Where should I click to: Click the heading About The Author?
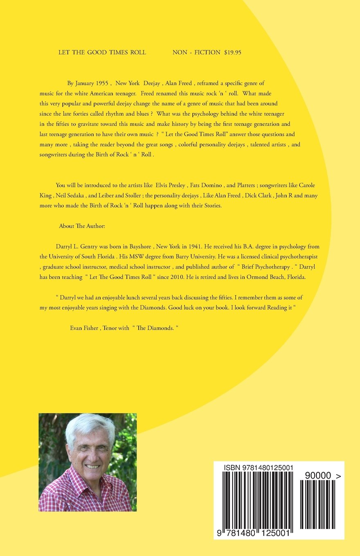(82, 226)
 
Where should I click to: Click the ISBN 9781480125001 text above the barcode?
(258, 468)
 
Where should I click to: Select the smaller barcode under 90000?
(318, 505)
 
